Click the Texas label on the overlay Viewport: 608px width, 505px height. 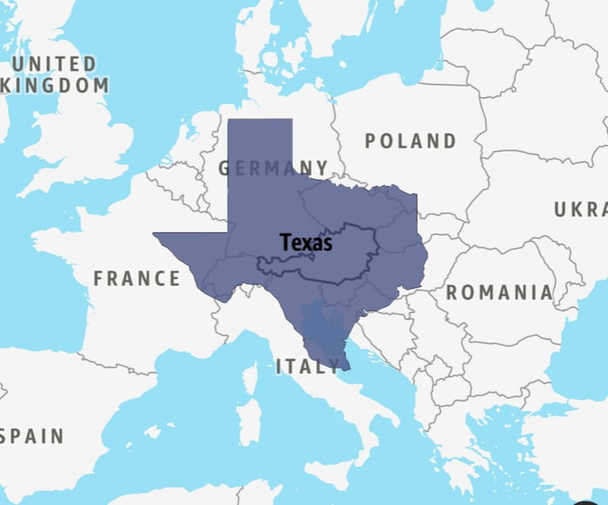click(x=306, y=243)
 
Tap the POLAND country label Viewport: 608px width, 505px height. click(x=410, y=141)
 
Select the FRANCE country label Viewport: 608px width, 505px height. click(x=137, y=279)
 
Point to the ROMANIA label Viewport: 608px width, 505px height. click(x=499, y=292)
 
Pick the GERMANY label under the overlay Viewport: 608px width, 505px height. click(x=274, y=167)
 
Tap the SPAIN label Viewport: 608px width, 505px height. click(x=33, y=436)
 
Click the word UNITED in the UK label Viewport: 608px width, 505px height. click(x=54, y=64)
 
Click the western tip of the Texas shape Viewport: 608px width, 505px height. click(x=155, y=233)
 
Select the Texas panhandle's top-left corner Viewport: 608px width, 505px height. click(x=228, y=120)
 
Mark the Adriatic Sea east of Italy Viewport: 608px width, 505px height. click(x=365, y=364)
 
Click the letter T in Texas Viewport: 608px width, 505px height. click(x=285, y=243)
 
